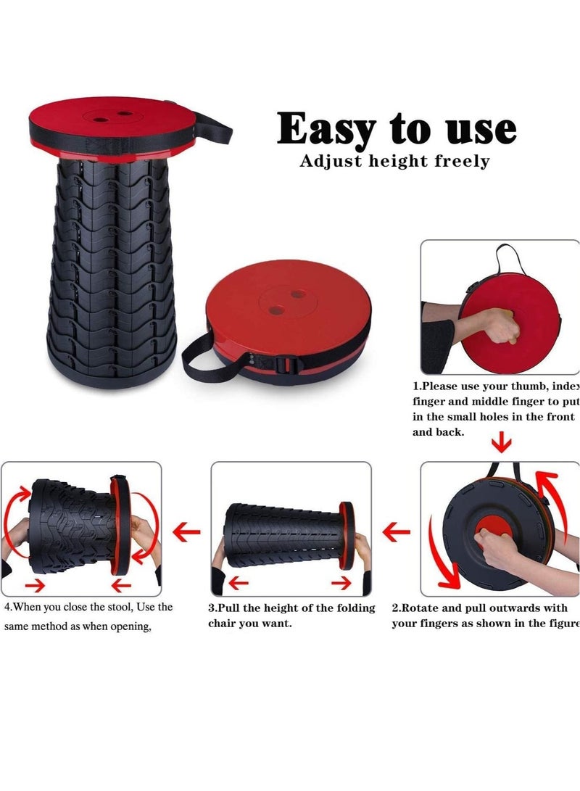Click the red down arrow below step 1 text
(x=501, y=441)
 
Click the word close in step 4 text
(x=80, y=608)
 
